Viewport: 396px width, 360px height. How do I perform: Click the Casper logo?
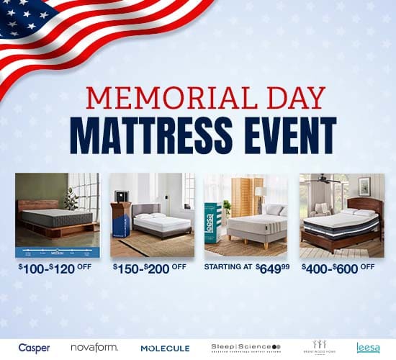[34, 348]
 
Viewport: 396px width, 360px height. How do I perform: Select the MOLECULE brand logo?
[166, 348]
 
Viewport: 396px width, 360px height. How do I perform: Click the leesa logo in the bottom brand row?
[368, 348]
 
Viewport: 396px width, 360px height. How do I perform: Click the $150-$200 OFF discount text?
[150, 267]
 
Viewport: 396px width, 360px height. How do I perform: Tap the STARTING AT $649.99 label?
[246, 267]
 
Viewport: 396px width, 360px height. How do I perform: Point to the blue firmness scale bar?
[57, 252]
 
